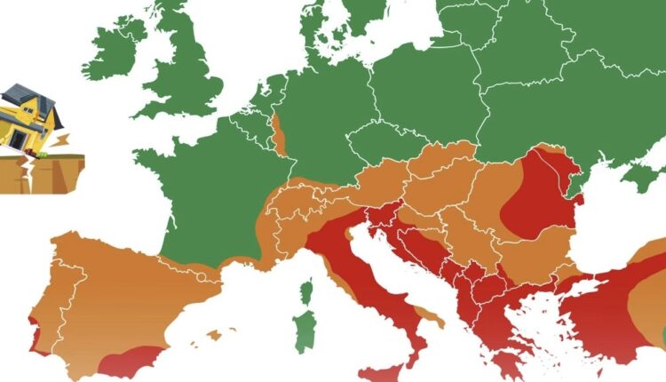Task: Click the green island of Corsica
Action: tap(307, 293)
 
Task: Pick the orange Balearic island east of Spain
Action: tap(213, 335)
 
